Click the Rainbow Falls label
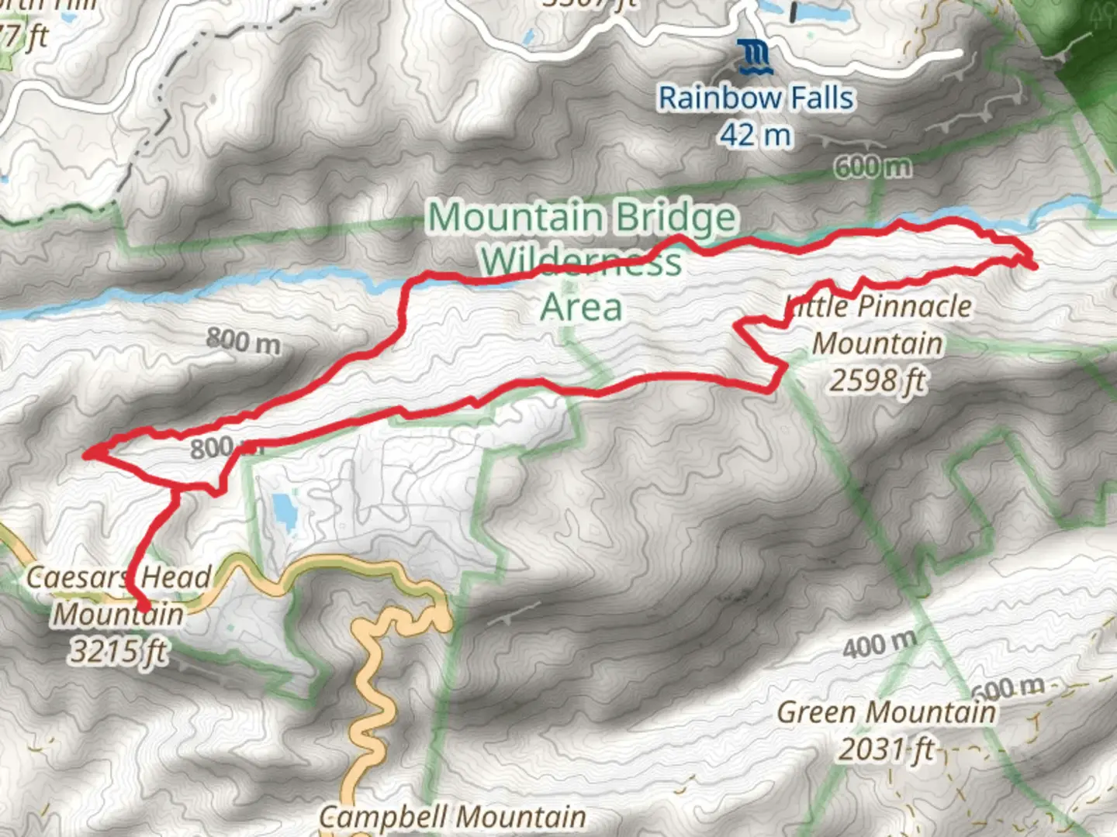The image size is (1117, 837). point(756,98)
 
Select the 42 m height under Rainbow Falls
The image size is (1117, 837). point(755,136)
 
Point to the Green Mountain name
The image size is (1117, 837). point(886,712)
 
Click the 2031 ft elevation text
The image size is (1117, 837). point(886,749)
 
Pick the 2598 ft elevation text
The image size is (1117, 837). point(878,380)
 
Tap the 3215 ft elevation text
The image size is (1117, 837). point(118,651)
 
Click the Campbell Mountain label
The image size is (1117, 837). point(452,816)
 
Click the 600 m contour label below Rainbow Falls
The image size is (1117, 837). point(873,167)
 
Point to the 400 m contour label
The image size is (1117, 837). point(880,644)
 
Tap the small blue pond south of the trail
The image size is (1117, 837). point(283,512)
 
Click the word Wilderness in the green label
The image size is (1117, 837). point(581,262)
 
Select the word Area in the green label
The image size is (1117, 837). point(581,307)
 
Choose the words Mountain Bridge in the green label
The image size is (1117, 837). point(581,217)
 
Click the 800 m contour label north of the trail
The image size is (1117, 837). point(243,340)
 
